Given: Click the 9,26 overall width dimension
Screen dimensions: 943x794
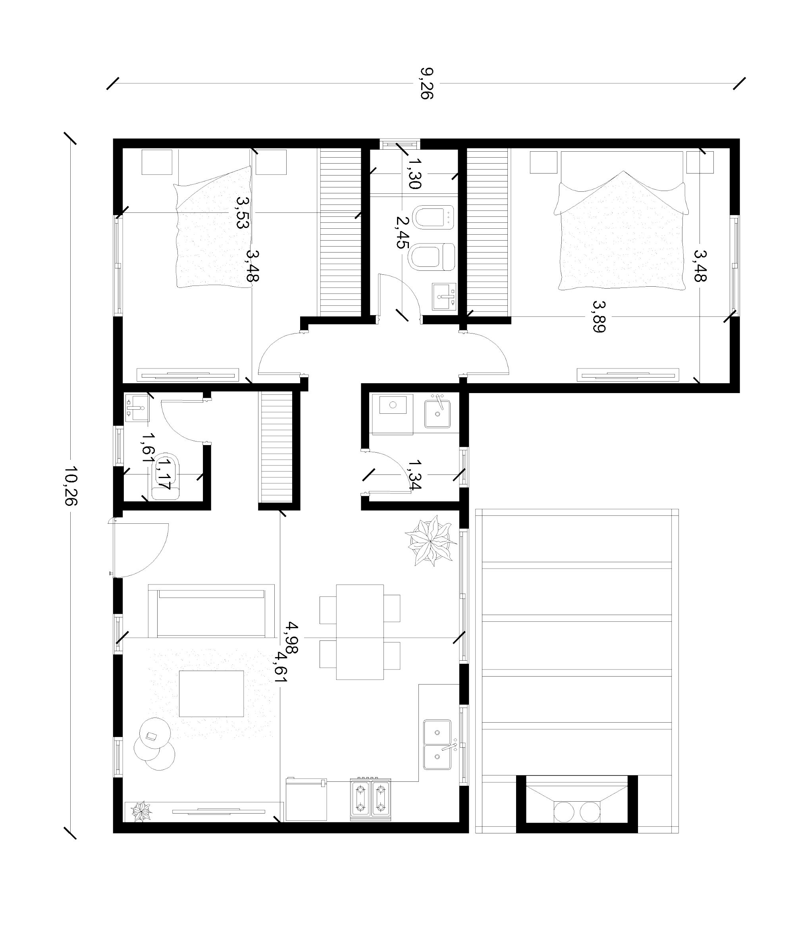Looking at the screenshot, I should pyautogui.click(x=426, y=83).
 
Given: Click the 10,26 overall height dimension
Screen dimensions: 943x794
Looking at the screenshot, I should pyautogui.click(x=71, y=486).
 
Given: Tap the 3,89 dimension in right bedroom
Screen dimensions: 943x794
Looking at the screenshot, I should pyautogui.click(x=599, y=316).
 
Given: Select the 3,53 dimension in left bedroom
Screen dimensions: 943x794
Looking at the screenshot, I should pyautogui.click(x=242, y=212).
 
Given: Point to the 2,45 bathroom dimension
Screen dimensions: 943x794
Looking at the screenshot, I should pyautogui.click(x=401, y=232).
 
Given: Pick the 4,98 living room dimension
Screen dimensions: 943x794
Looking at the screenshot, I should pyautogui.click(x=292, y=637).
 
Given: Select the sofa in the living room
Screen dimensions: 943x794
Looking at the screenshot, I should pyautogui.click(x=211, y=611).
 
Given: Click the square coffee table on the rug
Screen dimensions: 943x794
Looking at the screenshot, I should pyautogui.click(x=211, y=694).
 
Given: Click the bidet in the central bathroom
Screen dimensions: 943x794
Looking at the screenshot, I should pyautogui.click(x=432, y=218).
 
